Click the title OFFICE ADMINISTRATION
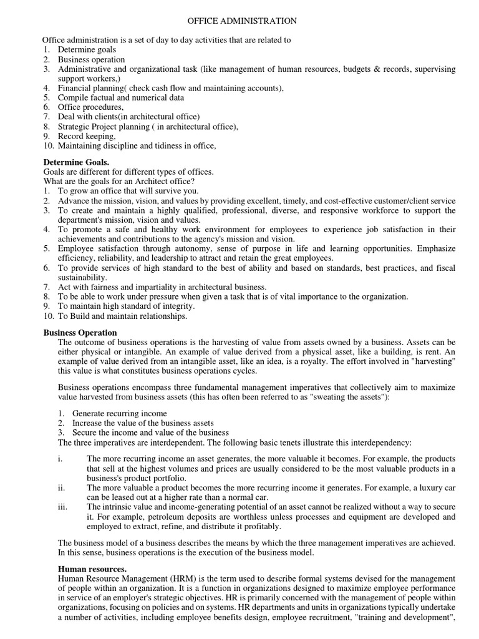pos(243,21)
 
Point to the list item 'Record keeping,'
pos(87,137)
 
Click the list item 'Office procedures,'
pos(90,107)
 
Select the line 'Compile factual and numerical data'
pos(121,98)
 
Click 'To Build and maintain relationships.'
pos(122,316)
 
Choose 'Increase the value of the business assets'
pos(143,423)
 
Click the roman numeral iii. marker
pos(62,507)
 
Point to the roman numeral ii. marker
pos(61,487)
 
